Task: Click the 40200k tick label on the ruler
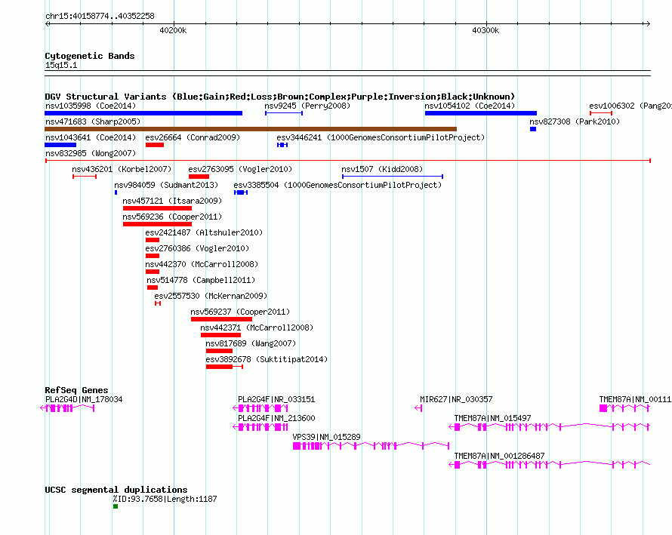pyautogui.click(x=173, y=30)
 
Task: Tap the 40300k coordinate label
pyautogui.click(x=486, y=30)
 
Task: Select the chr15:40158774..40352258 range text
pyautogui.click(x=100, y=16)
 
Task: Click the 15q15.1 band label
pyautogui.click(x=61, y=65)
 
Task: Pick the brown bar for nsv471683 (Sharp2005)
pyautogui.click(x=251, y=129)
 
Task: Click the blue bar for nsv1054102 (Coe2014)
pyautogui.click(x=481, y=113)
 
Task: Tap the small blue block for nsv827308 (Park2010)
pyautogui.click(x=533, y=129)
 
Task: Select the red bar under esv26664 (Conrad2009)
pyautogui.click(x=155, y=145)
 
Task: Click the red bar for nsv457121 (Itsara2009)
pyautogui.click(x=157, y=208)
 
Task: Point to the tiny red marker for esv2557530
pyautogui.click(x=158, y=303)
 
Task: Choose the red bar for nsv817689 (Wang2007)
pyautogui.click(x=219, y=351)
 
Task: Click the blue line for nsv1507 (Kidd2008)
pyautogui.click(x=393, y=177)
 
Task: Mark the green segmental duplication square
pyautogui.click(x=116, y=506)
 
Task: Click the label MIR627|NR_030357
pyautogui.click(x=456, y=399)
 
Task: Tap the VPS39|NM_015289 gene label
pyautogui.click(x=327, y=437)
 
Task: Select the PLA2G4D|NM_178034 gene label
pyautogui.click(x=84, y=399)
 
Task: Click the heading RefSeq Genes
pyautogui.click(x=76, y=390)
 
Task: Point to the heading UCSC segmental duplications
pyautogui.click(x=116, y=490)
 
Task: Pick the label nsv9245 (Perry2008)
pyautogui.click(x=307, y=106)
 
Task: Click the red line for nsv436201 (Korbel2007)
pyautogui.click(x=85, y=177)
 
